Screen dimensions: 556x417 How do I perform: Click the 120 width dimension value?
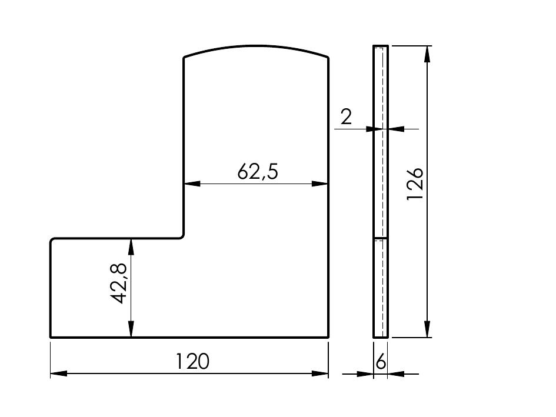coord(192,361)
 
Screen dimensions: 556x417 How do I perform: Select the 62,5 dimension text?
coord(258,171)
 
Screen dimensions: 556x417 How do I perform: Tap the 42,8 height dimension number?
coord(118,283)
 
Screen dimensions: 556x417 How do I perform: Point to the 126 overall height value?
coord(415,184)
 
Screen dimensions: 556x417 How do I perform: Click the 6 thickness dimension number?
coord(381,362)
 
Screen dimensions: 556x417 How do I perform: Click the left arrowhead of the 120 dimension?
coord(59,373)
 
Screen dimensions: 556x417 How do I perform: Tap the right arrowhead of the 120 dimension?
coord(320,373)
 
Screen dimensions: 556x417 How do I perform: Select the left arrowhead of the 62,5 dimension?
coord(192,184)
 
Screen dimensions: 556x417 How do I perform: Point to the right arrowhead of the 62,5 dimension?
coord(320,184)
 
